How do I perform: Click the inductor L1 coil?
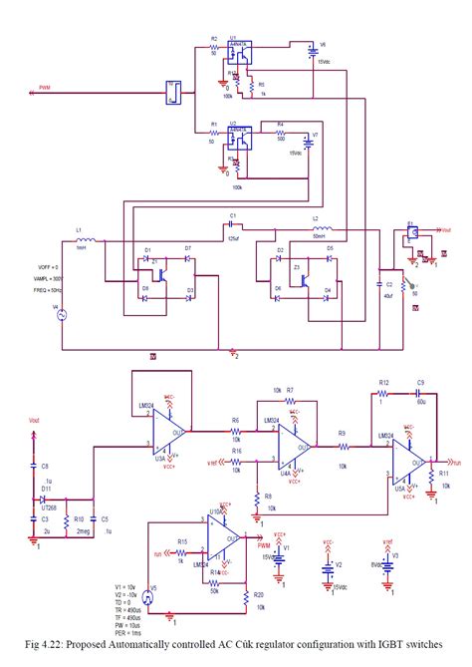[87, 241]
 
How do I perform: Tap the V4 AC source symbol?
[58, 316]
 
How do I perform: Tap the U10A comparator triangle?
[221, 546]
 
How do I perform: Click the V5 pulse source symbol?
[150, 596]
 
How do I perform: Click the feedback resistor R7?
[289, 400]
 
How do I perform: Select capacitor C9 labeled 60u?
[420, 394]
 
